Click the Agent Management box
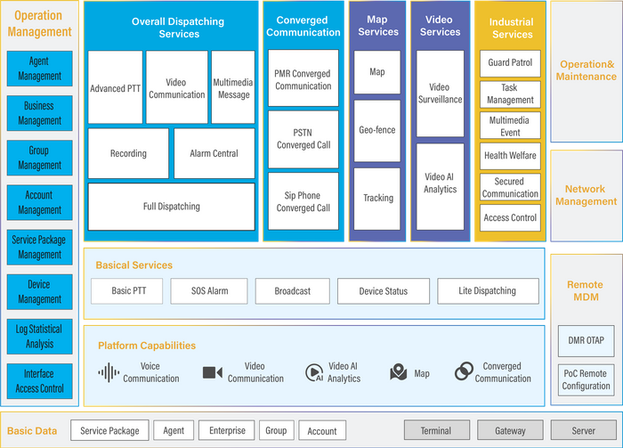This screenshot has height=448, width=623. coord(40,69)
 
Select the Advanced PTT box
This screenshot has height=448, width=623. coord(115,88)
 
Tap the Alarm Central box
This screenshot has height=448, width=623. coord(214,153)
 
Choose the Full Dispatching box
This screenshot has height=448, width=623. coord(172,207)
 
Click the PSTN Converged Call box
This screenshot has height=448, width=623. coord(303,139)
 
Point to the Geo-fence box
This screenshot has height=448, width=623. coord(378,130)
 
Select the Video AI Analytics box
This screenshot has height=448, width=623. coord(440,183)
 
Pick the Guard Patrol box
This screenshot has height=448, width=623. coord(511,64)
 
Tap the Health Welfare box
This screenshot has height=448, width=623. coord(511,155)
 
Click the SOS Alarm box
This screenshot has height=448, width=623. coord(210,291)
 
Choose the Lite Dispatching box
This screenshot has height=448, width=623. coord(487,291)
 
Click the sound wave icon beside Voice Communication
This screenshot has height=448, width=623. coord(109,372)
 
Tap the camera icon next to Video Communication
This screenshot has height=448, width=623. coord(212,372)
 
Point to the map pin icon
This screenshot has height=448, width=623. coord(398,373)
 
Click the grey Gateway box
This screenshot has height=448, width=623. coord(510,430)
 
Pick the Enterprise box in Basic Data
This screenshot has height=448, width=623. coord(227,430)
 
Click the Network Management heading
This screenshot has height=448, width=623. coord(585,195)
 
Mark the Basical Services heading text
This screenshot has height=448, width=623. coord(134,265)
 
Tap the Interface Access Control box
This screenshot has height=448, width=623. coord(40,381)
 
